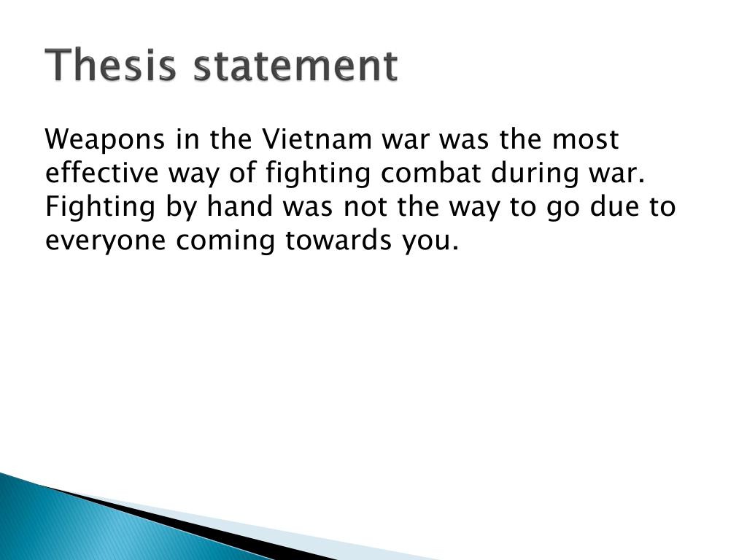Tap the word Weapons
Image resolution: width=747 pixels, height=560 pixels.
point(104,139)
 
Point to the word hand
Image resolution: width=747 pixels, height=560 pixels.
point(236,207)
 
